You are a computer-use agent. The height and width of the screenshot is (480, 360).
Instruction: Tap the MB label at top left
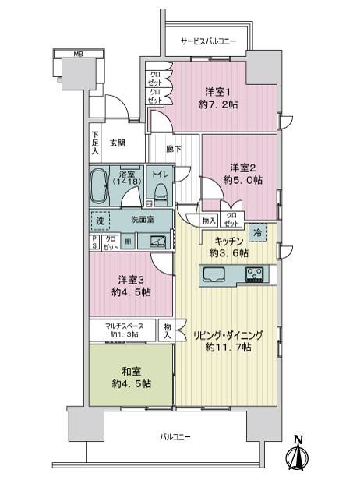click(x=79, y=55)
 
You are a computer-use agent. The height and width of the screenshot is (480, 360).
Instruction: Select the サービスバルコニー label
click(x=209, y=41)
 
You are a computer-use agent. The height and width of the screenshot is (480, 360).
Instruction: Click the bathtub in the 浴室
click(x=98, y=185)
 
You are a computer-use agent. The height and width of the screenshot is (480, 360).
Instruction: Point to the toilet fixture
click(x=161, y=194)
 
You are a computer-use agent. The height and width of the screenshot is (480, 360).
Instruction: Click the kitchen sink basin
click(x=214, y=274)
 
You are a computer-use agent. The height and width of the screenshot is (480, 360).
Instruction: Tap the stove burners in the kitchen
click(x=255, y=274)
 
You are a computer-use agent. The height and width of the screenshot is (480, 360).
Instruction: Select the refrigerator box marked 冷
click(x=258, y=233)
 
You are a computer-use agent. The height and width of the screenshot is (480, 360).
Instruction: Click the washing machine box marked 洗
click(x=100, y=221)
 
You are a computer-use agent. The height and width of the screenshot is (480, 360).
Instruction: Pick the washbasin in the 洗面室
click(x=158, y=242)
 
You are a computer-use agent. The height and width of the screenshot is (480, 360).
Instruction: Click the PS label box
click(x=94, y=242)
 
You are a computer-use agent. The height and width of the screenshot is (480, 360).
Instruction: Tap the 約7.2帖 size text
click(x=218, y=104)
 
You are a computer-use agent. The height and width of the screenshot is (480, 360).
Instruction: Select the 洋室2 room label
click(x=243, y=168)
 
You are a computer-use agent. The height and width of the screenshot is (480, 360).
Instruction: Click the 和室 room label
click(x=132, y=372)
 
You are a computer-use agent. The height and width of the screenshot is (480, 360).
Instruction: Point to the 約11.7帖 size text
click(x=228, y=348)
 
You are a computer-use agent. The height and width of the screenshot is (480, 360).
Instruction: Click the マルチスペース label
click(x=124, y=326)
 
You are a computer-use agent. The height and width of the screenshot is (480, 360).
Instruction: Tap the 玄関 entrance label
click(x=118, y=143)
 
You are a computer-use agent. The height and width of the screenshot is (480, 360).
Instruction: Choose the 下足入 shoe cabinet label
click(x=96, y=143)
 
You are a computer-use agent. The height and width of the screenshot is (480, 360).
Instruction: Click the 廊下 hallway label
click(x=174, y=149)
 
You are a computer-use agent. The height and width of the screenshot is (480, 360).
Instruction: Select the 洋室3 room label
click(x=131, y=280)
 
